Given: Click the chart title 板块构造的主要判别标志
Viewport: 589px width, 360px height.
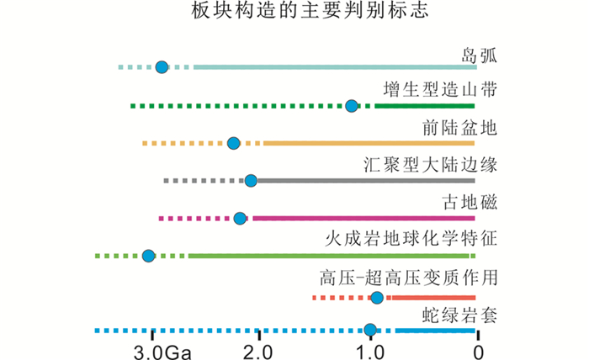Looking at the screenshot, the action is tap(294, 14).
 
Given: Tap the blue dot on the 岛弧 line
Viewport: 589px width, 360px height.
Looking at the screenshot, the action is tap(162, 66).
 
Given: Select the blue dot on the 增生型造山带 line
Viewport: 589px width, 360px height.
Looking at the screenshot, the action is tap(352, 105).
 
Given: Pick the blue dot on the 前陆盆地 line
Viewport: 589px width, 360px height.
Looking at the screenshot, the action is tap(234, 143).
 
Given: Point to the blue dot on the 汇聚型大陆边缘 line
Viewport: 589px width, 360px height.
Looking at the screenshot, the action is tap(251, 181).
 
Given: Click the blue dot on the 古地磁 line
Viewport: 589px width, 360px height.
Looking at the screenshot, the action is tap(240, 219).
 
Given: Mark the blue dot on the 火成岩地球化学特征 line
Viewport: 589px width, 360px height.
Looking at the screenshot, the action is tap(149, 256).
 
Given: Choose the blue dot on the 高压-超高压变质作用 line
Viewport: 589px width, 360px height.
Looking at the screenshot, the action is tap(377, 298).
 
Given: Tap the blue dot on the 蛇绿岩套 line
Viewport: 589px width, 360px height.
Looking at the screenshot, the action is tap(370, 331).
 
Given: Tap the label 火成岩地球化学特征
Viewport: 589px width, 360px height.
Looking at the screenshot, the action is tap(411, 239).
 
